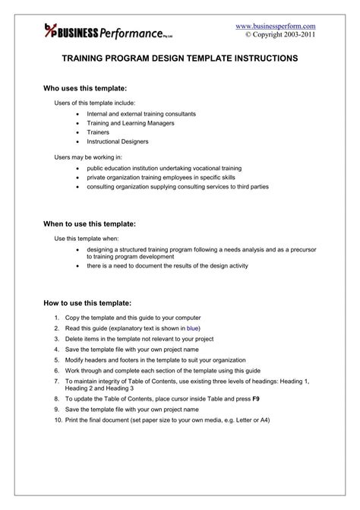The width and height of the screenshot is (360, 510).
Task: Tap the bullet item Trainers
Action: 99,131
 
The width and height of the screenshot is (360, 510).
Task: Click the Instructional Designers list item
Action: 118,141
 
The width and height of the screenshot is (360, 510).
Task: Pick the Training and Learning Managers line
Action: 131,122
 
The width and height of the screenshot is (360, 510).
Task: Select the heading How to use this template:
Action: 88,302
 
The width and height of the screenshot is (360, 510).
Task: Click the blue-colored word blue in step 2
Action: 193,328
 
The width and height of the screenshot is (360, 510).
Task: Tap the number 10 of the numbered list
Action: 58,420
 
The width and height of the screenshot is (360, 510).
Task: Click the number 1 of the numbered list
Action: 57,316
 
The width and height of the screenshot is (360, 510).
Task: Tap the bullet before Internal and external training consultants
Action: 79,113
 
